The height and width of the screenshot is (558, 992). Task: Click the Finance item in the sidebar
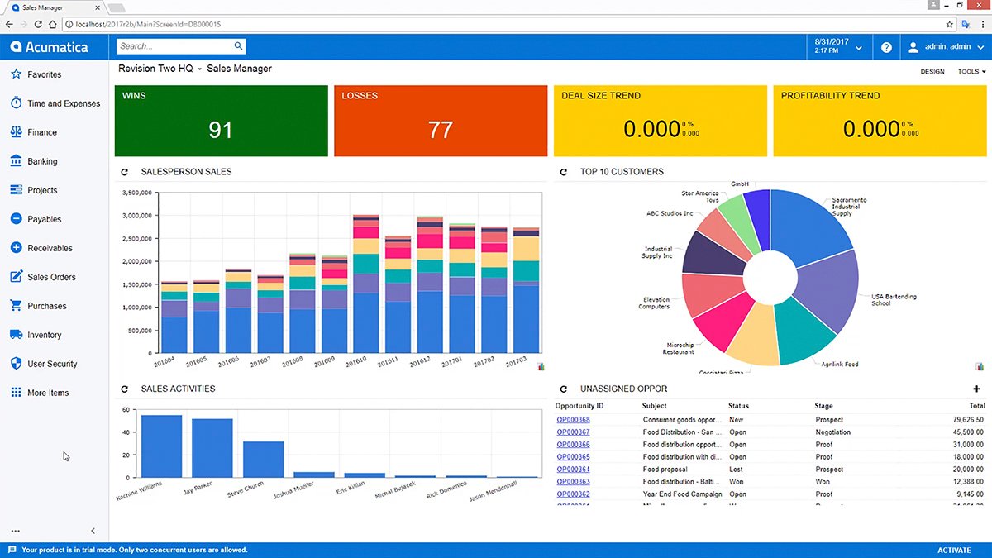[x=42, y=132]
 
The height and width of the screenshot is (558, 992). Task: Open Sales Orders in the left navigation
[x=51, y=277]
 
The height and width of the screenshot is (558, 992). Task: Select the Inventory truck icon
[x=16, y=335]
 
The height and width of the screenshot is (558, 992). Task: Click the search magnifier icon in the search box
[x=238, y=46]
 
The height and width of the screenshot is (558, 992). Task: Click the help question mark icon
[x=886, y=47]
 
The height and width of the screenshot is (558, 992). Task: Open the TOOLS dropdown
[x=971, y=72]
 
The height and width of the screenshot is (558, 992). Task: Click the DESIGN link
[x=932, y=72]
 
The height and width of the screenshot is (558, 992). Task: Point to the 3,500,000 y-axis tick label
[x=136, y=193]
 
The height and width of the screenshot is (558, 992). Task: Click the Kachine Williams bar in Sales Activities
[x=161, y=446]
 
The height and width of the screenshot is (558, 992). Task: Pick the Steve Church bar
[x=263, y=460]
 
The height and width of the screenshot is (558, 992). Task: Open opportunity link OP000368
[x=573, y=420]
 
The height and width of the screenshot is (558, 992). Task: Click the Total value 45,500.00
[x=969, y=432]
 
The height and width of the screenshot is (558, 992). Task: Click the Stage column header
[x=823, y=406]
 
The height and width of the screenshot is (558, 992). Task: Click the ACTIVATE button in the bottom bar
[x=954, y=550]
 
